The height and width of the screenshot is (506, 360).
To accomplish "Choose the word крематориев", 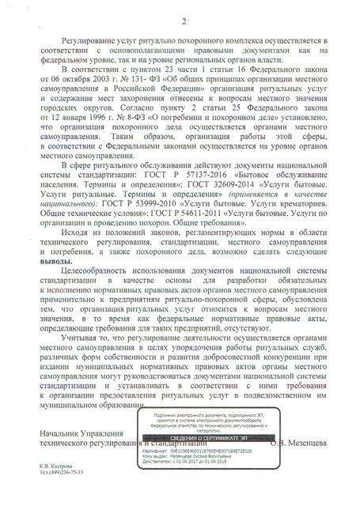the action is tap(280, 205).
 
